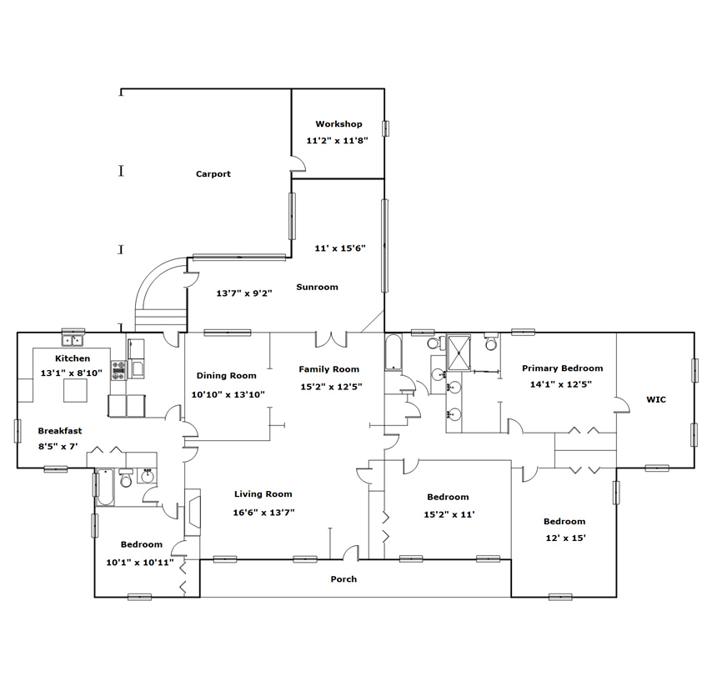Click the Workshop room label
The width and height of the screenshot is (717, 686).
[338, 124]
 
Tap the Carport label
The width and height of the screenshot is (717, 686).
[213, 173]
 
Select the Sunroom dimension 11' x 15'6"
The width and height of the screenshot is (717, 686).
[340, 248]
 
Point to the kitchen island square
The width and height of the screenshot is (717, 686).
[75, 391]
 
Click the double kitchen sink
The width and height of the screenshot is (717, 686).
[73, 340]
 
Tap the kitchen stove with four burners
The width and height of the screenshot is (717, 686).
[119, 370]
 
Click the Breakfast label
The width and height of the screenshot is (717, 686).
[60, 430]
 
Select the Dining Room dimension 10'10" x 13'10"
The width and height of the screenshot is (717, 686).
[228, 394]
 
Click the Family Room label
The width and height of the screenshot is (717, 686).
[328, 368]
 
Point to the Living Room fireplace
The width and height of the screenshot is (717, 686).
[192, 513]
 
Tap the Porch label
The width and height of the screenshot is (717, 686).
[343, 579]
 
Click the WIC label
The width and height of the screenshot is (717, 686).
[656, 399]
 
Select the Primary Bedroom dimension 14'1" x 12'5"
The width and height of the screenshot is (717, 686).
[560, 384]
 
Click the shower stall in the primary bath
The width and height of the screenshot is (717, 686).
[459, 353]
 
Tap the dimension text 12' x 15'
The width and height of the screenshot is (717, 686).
[565, 538]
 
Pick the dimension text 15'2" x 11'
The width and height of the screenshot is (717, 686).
[449, 514]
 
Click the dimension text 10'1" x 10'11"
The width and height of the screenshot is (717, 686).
[140, 562]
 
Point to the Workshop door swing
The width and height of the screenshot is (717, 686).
[298, 163]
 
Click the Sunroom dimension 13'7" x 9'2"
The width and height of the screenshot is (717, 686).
[244, 293]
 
